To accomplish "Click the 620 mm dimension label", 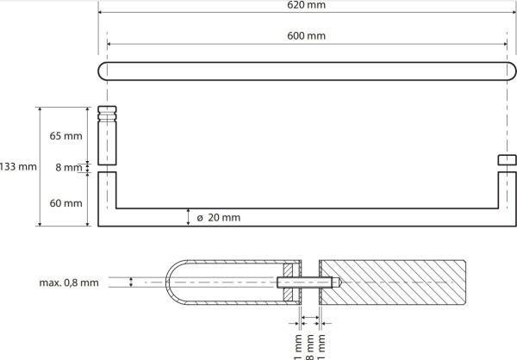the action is coord(306,5).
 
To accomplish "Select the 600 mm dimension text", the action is coord(306,35).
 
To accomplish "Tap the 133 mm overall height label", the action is coord(18,166).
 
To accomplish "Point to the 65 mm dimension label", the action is coord(66,136).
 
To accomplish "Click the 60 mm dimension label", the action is coord(66,203).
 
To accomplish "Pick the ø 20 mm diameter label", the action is coord(219,218).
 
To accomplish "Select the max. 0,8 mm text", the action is coord(69,282).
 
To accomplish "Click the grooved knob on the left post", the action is coord(107,135).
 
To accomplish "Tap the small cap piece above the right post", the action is coord(508,160).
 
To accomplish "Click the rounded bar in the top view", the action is coord(307,71).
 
